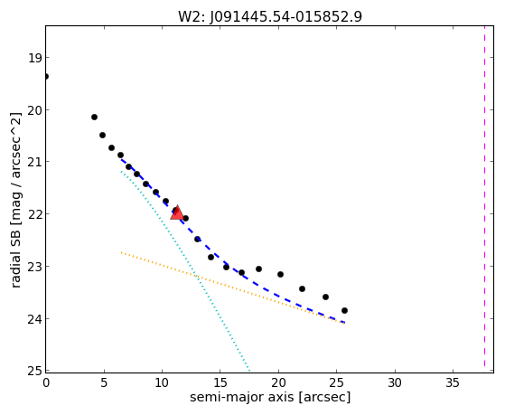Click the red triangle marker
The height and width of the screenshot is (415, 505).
pyautogui.click(x=177, y=212)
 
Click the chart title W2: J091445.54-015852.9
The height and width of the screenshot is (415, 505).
pyautogui.click(x=270, y=16)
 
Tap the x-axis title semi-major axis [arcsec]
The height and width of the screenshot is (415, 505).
pyautogui.click(x=270, y=397)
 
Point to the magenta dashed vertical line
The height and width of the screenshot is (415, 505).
pyautogui.click(x=484, y=196)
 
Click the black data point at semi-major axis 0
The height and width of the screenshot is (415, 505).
pyautogui.click(x=46, y=77)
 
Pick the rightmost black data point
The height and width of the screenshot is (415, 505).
pyautogui.click(x=344, y=310)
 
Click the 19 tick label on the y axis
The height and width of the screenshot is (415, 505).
pyautogui.click(x=35, y=59)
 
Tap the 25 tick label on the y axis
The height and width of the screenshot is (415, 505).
pyautogui.click(x=35, y=371)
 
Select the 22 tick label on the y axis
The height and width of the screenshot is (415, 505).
pyautogui.click(x=35, y=214)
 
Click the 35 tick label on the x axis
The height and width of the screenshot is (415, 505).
pyautogui.click(x=453, y=382)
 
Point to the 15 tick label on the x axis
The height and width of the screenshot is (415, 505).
pyautogui.click(x=220, y=382)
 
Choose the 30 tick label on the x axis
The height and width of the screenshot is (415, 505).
pyautogui.click(x=395, y=382)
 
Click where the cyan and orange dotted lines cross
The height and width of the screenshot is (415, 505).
pyautogui.click(x=196, y=276)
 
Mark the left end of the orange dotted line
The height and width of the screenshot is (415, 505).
pyautogui.click(x=121, y=252)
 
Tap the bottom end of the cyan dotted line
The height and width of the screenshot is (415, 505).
pyautogui.click(x=249, y=370)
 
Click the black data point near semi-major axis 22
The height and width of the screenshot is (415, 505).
pyautogui.click(x=302, y=288)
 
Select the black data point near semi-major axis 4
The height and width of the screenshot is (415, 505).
pyautogui.click(x=94, y=117)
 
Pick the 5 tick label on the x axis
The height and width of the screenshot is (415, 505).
pyautogui.click(x=104, y=382)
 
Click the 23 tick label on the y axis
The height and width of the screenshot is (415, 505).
pyautogui.click(x=35, y=267)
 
